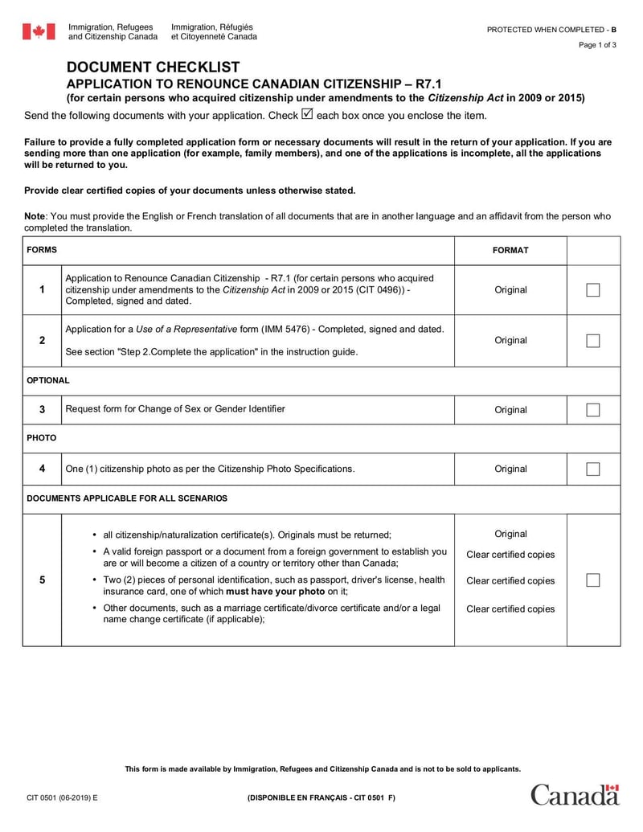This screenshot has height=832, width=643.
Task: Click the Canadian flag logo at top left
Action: click(x=39, y=32)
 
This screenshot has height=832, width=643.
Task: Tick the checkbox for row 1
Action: click(x=593, y=290)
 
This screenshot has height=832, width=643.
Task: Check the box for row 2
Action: click(x=593, y=341)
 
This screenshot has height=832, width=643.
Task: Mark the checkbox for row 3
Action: click(x=593, y=410)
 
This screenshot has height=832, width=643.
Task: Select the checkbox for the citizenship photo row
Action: click(x=593, y=469)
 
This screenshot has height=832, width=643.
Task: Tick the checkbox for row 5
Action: click(x=593, y=580)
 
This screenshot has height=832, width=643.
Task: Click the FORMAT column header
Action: click(x=510, y=250)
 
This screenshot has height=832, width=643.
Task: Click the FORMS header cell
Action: click(x=42, y=250)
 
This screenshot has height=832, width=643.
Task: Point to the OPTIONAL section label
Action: click(x=48, y=380)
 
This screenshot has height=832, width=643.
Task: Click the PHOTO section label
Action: click(x=42, y=439)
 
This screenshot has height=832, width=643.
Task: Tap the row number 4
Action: click(x=42, y=469)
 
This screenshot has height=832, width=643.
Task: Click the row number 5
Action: click(x=42, y=580)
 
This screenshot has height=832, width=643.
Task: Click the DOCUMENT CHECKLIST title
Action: click(x=153, y=68)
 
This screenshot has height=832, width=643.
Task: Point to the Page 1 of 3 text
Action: click(x=597, y=45)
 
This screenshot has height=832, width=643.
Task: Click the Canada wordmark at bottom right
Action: click(x=574, y=794)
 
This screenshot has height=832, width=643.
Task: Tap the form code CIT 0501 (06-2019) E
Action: click(x=63, y=797)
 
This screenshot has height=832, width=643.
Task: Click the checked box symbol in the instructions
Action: click(x=307, y=115)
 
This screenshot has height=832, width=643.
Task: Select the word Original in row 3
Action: click(x=510, y=410)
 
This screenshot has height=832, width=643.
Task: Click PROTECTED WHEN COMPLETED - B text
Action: click(x=551, y=30)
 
